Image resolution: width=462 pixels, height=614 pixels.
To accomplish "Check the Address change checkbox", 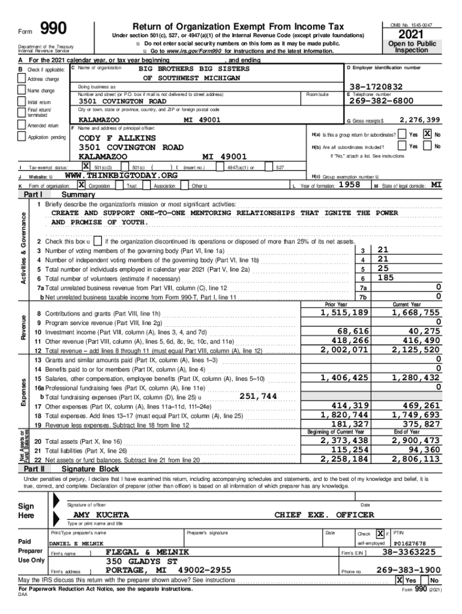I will point(22,79).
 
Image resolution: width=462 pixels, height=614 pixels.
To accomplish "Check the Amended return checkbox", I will point(22,125).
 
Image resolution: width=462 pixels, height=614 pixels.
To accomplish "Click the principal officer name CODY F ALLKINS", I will point(117,138).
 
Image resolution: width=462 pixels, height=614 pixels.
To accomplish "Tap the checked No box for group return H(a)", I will point(428,134).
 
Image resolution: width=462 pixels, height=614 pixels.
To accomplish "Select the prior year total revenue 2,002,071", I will point(344,350).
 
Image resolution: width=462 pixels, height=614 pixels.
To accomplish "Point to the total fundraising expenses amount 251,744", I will point(257,396).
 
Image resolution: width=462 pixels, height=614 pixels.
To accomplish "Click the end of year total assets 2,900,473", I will point(415,441).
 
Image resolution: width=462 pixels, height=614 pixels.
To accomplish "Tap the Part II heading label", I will point(34,468).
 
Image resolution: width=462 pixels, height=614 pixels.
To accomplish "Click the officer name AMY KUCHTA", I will point(100,515).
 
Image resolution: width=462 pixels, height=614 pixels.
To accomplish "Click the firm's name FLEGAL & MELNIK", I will point(147,552).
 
